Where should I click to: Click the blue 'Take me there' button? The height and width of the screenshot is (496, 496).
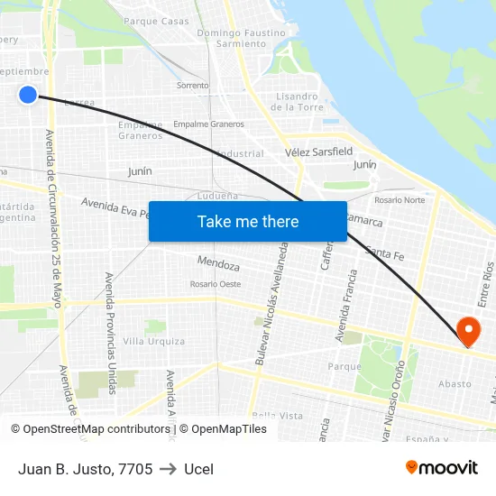point(248,221)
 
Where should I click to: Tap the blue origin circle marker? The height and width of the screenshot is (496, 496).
point(28,94)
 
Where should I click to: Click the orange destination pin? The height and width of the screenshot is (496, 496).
point(469,331)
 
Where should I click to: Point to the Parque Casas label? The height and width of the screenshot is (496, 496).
point(156,21)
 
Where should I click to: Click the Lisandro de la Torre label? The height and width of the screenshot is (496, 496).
point(297,101)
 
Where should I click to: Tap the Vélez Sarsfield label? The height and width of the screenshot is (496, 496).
point(318,152)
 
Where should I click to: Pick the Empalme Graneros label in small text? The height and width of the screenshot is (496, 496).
point(208,124)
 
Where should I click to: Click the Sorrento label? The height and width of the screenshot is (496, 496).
point(192,86)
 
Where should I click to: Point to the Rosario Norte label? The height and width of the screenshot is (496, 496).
point(400,199)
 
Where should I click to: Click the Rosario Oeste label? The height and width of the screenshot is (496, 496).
point(216,284)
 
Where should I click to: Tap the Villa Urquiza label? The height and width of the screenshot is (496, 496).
point(154,341)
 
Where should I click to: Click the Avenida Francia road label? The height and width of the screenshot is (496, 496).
point(342,307)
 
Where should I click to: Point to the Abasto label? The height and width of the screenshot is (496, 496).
point(455,383)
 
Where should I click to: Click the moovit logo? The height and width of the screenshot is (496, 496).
point(442,468)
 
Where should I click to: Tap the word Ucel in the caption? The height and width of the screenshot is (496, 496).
point(198,469)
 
